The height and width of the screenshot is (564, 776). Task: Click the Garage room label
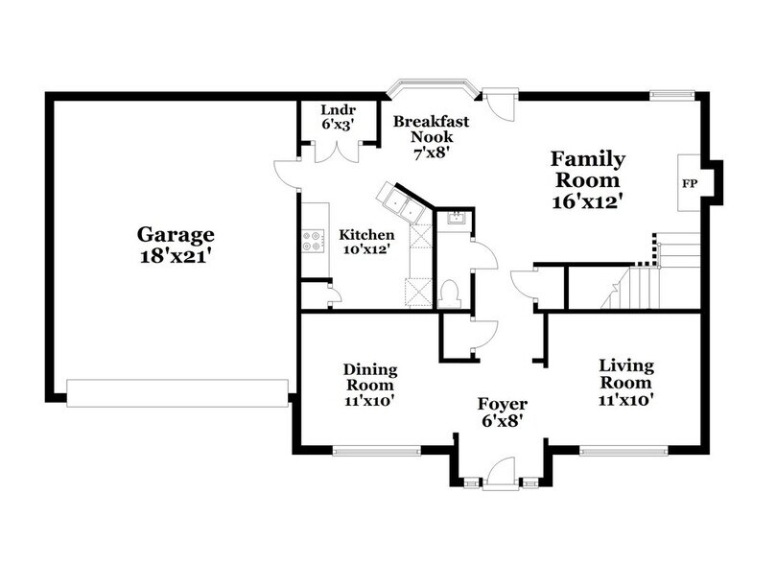[175, 235]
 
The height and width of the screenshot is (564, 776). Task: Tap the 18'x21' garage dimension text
[175, 256]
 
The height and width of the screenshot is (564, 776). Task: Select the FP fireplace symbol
[689, 182]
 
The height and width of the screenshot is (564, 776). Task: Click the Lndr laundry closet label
[338, 110]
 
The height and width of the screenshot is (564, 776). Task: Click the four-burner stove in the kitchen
[313, 240]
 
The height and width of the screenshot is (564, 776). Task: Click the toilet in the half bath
[450, 292]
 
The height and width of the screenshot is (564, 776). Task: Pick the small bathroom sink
[457, 217]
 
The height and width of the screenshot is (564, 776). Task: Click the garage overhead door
[177, 393]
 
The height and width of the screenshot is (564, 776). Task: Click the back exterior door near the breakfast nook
[498, 103]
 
